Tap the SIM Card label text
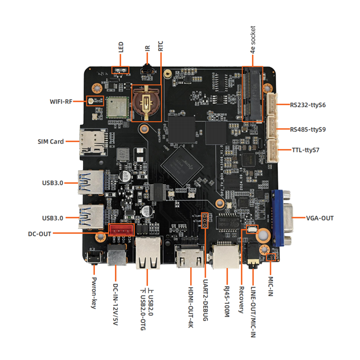click(x=51, y=141)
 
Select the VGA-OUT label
click(x=319, y=218)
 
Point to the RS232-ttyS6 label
click(x=308, y=105)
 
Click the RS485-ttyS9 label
click(x=308, y=129)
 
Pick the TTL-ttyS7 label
click(x=304, y=149)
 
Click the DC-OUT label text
click(x=39, y=234)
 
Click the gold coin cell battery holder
click(x=146, y=102)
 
